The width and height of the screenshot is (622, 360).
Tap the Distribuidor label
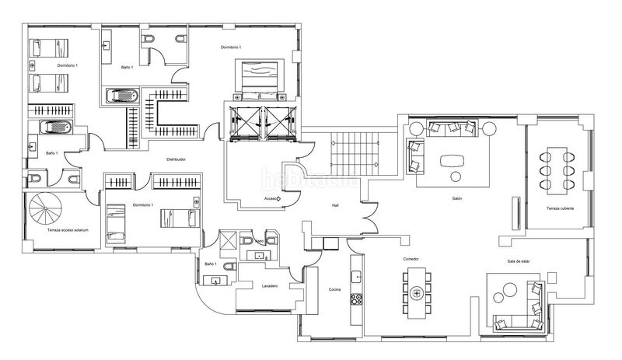coord(176,159)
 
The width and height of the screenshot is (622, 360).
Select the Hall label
coord(335,205)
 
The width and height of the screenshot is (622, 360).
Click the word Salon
coord(457,199)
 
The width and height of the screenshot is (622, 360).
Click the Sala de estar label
coord(517,261)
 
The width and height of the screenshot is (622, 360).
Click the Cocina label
coord(335,289)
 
